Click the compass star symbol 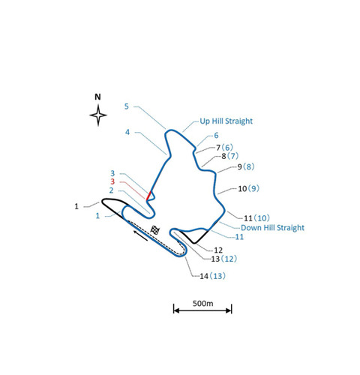pyautogui.click(x=98, y=115)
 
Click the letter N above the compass pyautogui.click(x=97, y=97)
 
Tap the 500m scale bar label pyautogui.click(x=202, y=303)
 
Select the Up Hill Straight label pyautogui.click(x=226, y=121)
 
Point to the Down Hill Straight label pyautogui.click(x=272, y=228)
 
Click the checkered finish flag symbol pyautogui.click(x=155, y=230)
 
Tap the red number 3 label pyautogui.click(x=112, y=181)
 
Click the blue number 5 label pyautogui.click(x=127, y=106)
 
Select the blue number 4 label pyautogui.click(x=127, y=132)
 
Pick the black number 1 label pyautogui.click(x=76, y=206)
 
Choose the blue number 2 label pyautogui.click(x=111, y=190)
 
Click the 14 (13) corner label pyautogui.click(x=212, y=276)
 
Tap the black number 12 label pyautogui.click(x=218, y=250)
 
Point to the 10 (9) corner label pyautogui.click(x=248, y=188)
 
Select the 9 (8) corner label pyautogui.click(x=246, y=166)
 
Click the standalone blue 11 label pyautogui.click(x=239, y=237)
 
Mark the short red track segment pyautogui.click(x=148, y=196)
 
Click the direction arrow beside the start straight pyautogui.click(x=140, y=235)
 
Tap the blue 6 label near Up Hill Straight pyautogui.click(x=216, y=135)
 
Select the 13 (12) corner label pyautogui.click(x=224, y=259)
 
